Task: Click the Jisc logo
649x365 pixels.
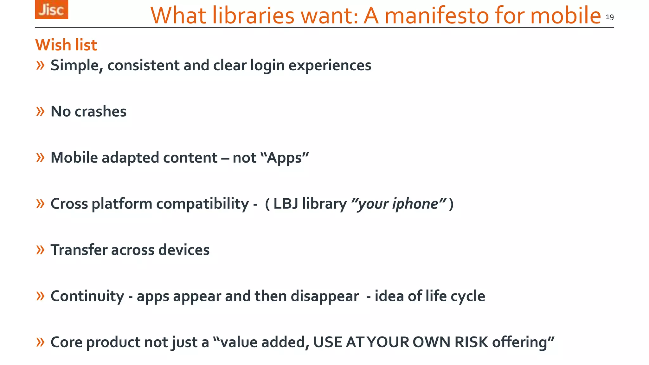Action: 51,10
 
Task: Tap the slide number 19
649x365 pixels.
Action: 610,17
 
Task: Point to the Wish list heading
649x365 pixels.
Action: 66,45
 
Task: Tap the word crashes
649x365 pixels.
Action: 100,112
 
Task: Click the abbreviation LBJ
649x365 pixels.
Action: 286,204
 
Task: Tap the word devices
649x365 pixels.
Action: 184,250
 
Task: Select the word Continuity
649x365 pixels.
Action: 87,296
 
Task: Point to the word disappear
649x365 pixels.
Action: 325,296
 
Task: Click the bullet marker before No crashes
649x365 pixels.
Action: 40,112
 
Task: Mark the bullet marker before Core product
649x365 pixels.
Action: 40,342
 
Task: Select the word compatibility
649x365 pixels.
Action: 202,204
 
